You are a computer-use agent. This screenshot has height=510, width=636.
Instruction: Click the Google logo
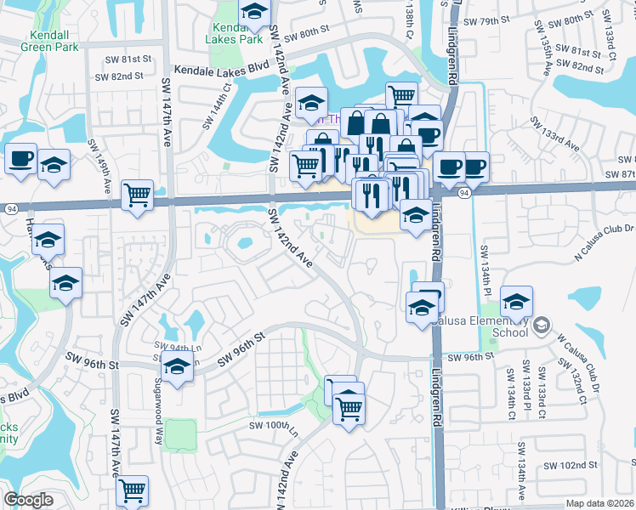[x=28, y=500]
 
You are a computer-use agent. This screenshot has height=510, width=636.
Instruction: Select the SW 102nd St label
[x=571, y=466]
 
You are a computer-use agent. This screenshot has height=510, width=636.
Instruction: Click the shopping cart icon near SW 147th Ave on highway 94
[x=136, y=195]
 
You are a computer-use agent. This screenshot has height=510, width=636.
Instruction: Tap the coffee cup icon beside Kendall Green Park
[x=20, y=157]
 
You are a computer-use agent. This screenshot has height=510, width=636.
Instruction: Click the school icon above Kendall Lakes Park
[x=253, y=12]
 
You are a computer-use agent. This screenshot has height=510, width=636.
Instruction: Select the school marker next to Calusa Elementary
[x=516, y=300]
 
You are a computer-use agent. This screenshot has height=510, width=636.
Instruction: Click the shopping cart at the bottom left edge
[x=133, y=490]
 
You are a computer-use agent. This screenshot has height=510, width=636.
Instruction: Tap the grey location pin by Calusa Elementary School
[x=540, y=324]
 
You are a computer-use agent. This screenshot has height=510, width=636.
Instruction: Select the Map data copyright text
[x=598, y=503]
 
